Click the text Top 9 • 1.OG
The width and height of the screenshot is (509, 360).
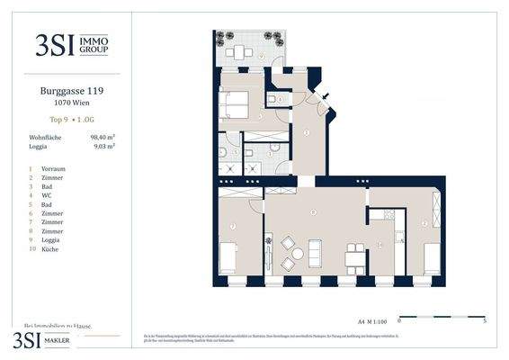point(65,119)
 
